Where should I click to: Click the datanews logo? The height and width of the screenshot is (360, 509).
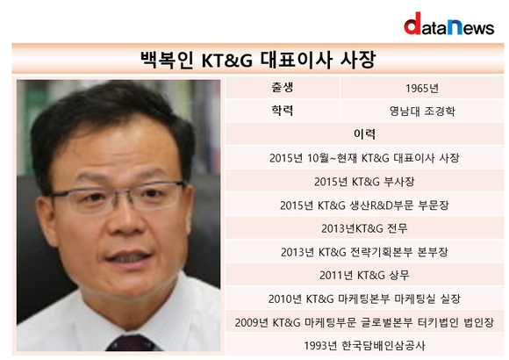point(449,24)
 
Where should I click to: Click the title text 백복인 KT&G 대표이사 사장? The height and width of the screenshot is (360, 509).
point(258,60)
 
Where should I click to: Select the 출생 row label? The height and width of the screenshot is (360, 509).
point(283,88)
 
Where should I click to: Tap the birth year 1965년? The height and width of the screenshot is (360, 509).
point(422,88)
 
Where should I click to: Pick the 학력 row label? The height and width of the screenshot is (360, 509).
point(283,111)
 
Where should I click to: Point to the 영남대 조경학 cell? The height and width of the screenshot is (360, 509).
point(422,112)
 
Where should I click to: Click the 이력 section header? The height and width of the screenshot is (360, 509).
point(364,134)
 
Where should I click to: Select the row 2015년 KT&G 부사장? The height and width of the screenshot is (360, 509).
point(364,182)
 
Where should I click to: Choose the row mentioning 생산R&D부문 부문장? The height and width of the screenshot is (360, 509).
point(364,205)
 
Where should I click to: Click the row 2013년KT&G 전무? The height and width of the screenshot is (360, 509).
point(364,228)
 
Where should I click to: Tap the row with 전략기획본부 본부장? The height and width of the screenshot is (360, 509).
point(364,252)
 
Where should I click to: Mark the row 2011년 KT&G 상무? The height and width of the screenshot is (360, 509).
point(364,275)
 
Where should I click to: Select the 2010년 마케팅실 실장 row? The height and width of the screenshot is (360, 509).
point(364,299)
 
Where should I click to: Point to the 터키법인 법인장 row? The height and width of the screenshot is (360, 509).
point(364,322)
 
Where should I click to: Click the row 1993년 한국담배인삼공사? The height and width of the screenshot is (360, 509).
point(364,345)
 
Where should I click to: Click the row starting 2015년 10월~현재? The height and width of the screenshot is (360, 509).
point(364,158)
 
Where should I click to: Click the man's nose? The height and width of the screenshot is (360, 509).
point(126,221)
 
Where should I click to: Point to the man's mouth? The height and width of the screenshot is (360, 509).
point(128,257)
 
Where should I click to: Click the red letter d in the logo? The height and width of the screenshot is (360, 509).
point(412,24)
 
